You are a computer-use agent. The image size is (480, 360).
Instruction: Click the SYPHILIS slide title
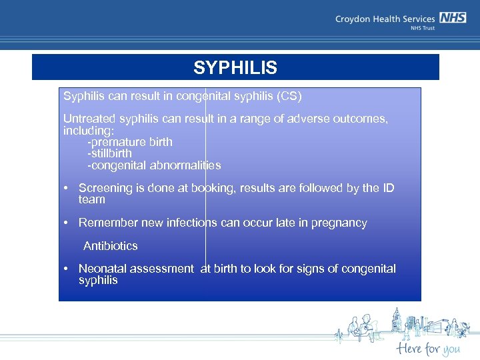coord(235,67)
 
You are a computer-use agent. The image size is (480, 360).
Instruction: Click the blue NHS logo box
coord(453,19)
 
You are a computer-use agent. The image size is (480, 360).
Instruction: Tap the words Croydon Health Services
coord(385,19)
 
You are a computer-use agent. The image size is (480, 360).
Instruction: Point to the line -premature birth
coord(129,141)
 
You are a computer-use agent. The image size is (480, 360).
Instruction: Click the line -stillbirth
coord(109,153)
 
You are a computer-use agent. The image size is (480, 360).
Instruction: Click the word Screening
coord(105,188)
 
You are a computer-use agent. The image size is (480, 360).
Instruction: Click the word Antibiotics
coord(110,246)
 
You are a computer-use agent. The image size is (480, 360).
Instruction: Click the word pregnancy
coord(338,223)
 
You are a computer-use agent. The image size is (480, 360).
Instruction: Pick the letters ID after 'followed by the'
coord(388,188)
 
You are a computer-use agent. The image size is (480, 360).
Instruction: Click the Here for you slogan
coord(427,347)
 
